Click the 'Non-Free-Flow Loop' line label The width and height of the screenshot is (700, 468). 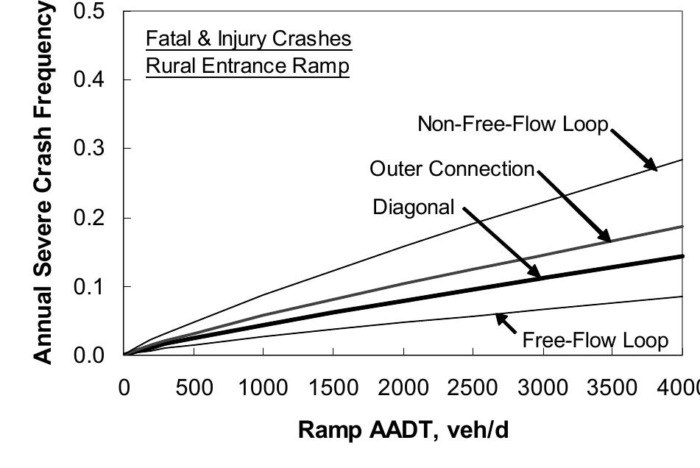pyautogui.click(x=513, y=124)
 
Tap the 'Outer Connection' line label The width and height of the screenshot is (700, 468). pyautogui.click(x=451, y=169)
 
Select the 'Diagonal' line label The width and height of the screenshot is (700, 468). pyautogui.click(x=414, y=208)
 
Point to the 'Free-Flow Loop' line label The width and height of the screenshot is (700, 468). pyautogui.click(x=595, y=340)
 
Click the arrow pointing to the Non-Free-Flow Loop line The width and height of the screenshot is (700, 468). pyautogui.click(x=632, y=149)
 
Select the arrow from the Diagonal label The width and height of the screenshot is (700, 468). pyautogui.click(x=502, y=242)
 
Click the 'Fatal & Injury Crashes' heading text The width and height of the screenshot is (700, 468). pyautogui.click(x=248, y=38)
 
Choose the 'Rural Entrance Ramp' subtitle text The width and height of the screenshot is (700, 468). pyautogui.click(x=247, y=67)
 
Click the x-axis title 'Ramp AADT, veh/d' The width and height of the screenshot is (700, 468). pyautogui.click(x=403, y=430)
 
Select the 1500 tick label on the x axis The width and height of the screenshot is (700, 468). pyautogui.click(x=333, y=388)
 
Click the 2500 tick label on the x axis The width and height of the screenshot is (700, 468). pyautogui.click(x=473, y=388)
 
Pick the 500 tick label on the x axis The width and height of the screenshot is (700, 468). pyautogui.click(x=194, y=388)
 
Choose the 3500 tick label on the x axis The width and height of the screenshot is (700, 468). pyautogui.click(x=612, y=388)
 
